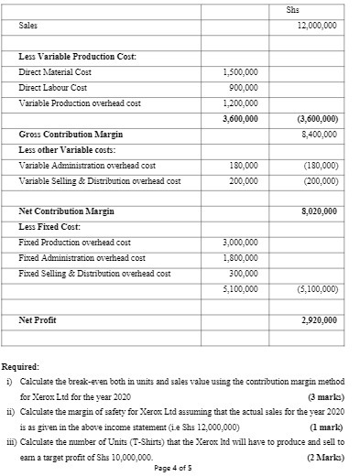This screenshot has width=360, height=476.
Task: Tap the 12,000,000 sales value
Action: pyautogui.click(x=317, y=26)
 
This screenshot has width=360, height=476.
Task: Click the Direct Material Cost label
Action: pyautogui.click(x=55, y=72)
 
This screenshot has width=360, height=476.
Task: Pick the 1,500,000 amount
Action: pyautogui.click(x=241, y=72)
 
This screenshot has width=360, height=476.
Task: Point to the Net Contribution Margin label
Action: pyautogui.click(x=67, y=211)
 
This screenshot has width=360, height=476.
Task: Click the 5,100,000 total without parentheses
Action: pyautogui.click(x=241, y=289)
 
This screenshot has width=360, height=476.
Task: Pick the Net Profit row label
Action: pyautogui.click(x=38, y=320)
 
